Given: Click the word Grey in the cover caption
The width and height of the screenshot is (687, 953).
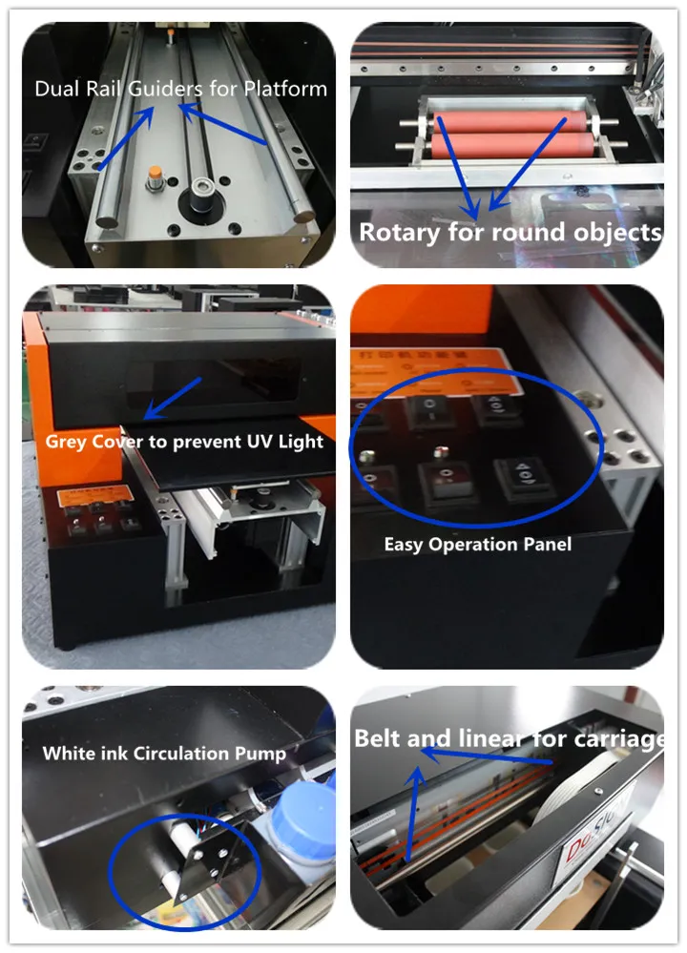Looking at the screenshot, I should tap(65, 443).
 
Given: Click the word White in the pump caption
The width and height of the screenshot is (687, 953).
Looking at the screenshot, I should tap(64, 754).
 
